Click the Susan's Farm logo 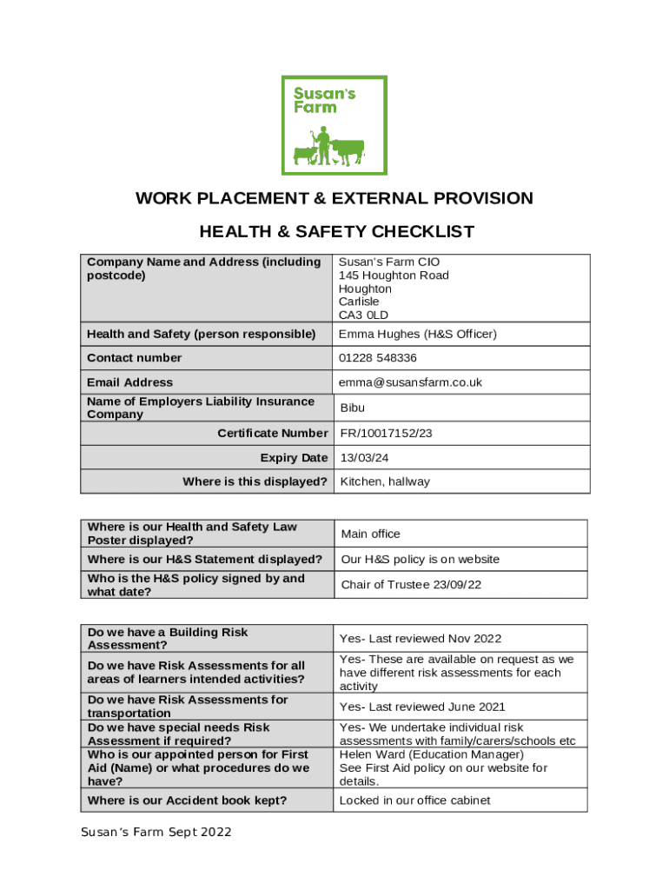[334, 125]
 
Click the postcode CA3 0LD [363, 315]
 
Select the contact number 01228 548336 [378, 358]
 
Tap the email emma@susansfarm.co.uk [410, 382]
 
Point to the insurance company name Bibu [353, 408]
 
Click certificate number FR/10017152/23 [386, 433]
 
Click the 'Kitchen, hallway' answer [385, 482]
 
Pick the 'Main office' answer [371, 534]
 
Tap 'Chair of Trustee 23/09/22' [411, 585]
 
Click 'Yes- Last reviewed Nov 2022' [421, 639]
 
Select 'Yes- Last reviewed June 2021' [422, 707]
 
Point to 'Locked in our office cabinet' [414, 800]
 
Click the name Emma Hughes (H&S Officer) [418, 335]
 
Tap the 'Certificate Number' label [273, 433]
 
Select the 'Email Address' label [130, 382]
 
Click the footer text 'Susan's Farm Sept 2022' [156, 833]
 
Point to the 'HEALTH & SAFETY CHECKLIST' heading [337, 232]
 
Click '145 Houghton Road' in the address [394, 276]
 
